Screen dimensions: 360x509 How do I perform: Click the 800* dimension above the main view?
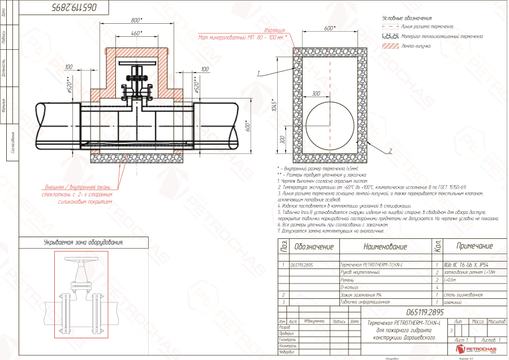click(136, 20)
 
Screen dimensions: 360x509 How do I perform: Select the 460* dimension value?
click(136, 33)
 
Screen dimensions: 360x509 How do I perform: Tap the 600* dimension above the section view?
click(330, 28)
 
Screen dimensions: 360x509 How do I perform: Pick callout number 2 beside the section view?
click(390, 151)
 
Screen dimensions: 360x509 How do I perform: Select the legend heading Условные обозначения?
click(407, 19)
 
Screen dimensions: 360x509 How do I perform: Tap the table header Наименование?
click(385, 247)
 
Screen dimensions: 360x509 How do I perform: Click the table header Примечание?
click(475, 246)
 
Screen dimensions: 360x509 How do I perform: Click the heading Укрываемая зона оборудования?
click(83, 242)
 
